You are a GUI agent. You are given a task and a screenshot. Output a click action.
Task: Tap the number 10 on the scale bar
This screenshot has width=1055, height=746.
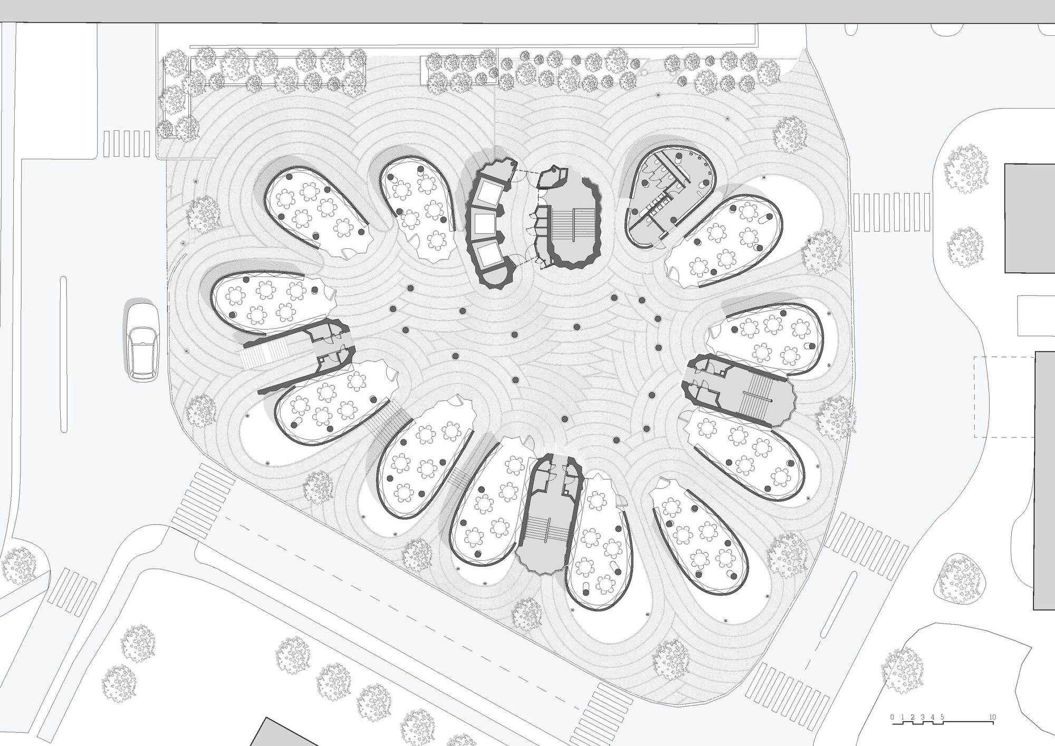click(x=993, y=718)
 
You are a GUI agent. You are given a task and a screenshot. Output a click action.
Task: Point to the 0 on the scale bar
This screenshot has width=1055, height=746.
click(x=892, y=718)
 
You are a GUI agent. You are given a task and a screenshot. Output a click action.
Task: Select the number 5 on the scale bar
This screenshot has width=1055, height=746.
click(x=942, y=718)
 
